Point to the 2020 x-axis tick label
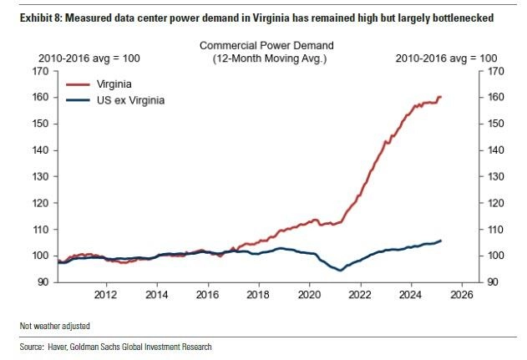tap(310, 295)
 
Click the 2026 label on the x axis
tap(462, 295)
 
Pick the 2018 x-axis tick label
tap(259, 295)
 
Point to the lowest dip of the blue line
tap(339, 271)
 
